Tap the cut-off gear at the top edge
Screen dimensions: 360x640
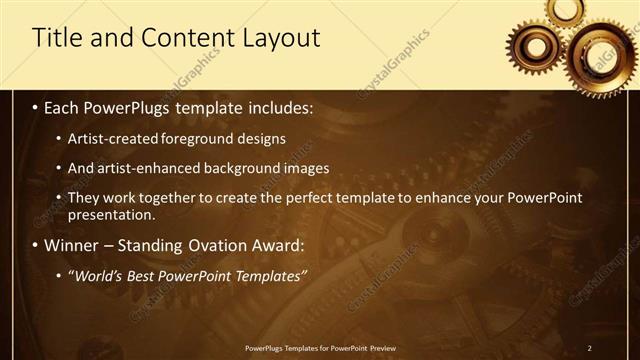tap(567, 8)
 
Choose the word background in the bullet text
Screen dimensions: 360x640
tap(238, 168)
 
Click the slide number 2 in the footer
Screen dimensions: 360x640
tap(589, 347)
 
